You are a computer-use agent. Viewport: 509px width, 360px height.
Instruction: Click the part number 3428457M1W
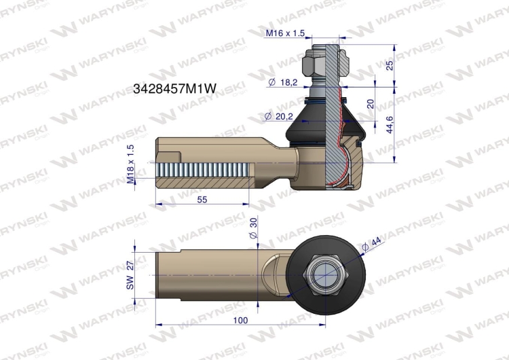tap(174, 88)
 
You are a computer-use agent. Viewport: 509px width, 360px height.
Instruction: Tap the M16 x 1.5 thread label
tap(285, 33)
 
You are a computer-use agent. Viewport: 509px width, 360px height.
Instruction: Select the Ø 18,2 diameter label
tap(283, 82)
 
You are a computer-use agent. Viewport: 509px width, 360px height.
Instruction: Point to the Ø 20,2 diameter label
tap(279, 116)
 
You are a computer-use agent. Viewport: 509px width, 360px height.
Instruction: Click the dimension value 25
tap(390, 65)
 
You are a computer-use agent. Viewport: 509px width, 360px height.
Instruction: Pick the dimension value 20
tap(371, 104)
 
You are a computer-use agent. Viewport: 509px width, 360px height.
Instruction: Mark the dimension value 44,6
tap(390, 124)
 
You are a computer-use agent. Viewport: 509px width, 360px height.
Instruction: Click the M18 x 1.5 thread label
tap(130, 164)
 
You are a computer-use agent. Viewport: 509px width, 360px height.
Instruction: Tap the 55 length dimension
tap(202, 199)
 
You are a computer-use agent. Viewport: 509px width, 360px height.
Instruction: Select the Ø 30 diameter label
tap(253, 228)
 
